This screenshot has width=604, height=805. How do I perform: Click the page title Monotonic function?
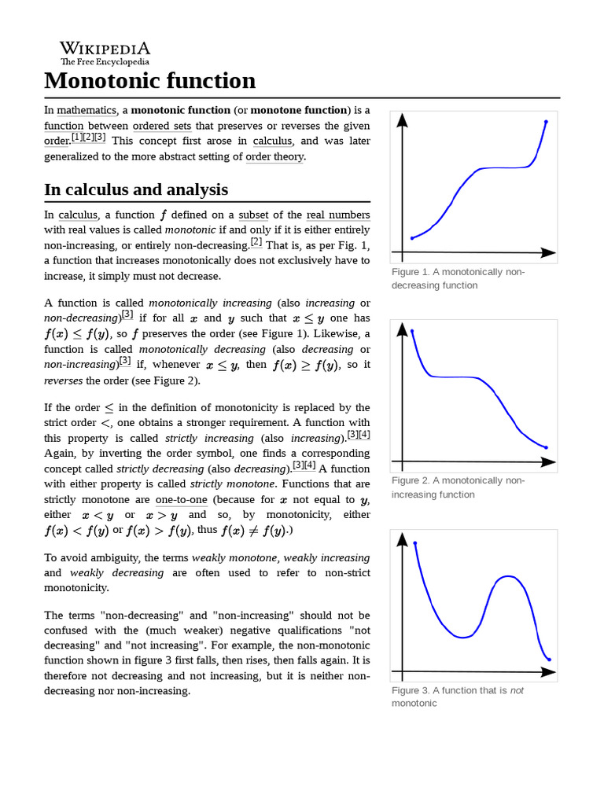pyautogui.click(x=149, y=81)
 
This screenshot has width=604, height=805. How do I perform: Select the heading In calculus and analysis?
pyautogui.click(x=136, y=189)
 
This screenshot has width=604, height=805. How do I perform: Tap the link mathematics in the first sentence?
pyautogui.click(x=87, y=110)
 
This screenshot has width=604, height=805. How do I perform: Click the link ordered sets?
pyautogui.click(x=160, y=126)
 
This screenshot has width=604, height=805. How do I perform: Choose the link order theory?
pyautogui.click(x=274, y=156)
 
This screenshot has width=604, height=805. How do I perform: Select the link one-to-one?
pyautogui.click(x=182, y=499)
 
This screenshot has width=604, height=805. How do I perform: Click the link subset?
pyautogui.click(x=253, y=215)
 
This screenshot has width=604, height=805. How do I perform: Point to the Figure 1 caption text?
pyautogui.click(x=457, y=278)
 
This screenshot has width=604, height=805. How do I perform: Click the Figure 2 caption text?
pyautogui.click(x=457, y=487)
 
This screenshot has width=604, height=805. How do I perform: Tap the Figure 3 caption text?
pyautogui.click(x=457, y=697)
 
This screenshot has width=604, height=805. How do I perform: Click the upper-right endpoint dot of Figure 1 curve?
pyautogui.click(x=546, y=122)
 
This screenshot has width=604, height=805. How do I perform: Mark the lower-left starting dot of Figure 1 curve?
pyautogui.click(x=412, y=238)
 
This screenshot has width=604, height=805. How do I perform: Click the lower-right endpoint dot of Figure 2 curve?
pyautogui.click(x=546, y=448)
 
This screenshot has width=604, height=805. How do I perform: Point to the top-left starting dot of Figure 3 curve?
pyautogui.click(x=414, y=543)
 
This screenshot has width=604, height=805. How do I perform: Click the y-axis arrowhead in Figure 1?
pyautogui.click(x=403, y=119)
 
